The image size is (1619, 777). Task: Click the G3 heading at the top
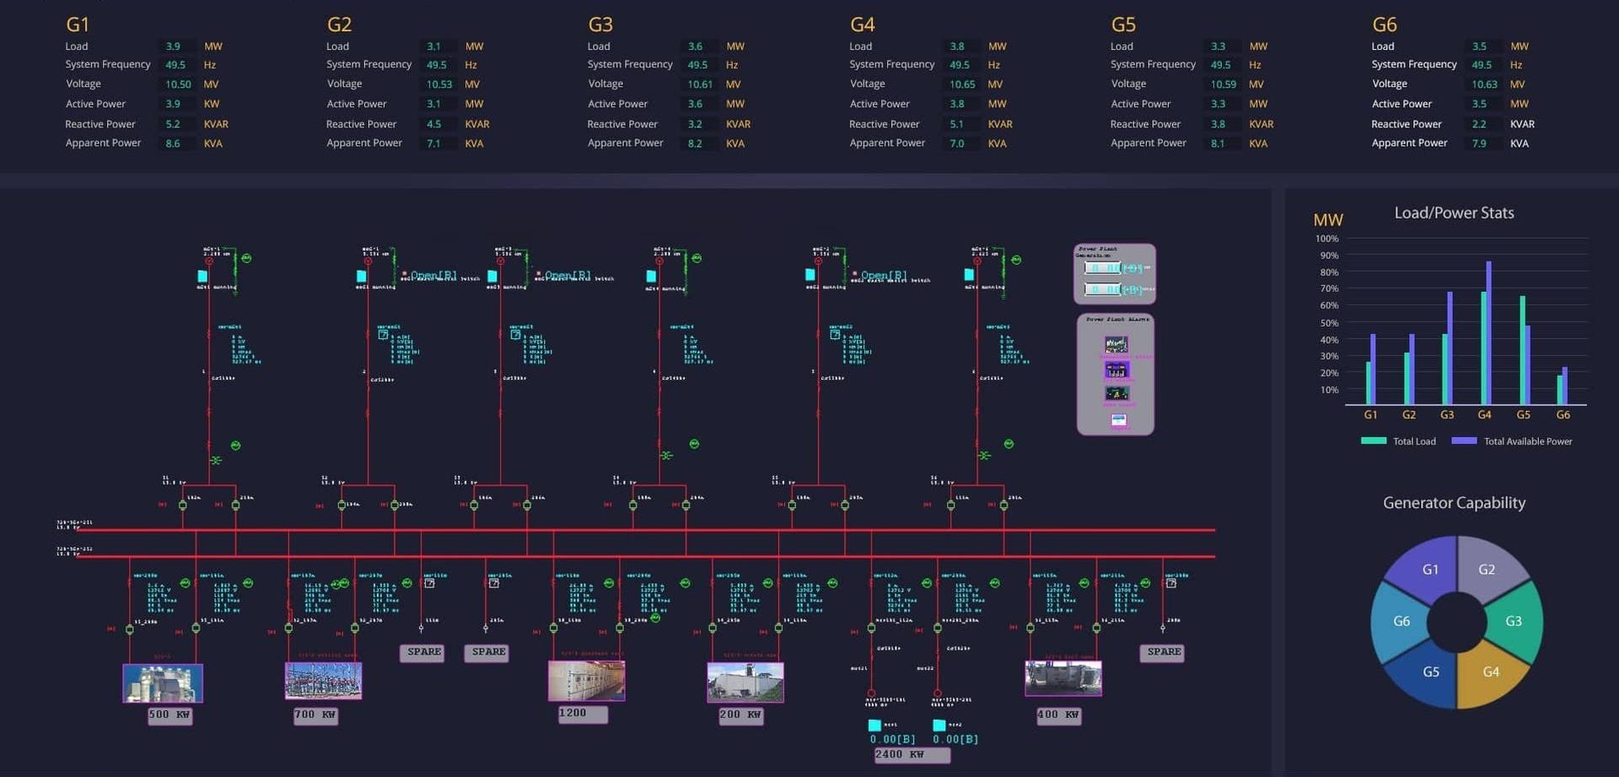click(x=600, y=24)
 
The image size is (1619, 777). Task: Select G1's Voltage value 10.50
click(x=178, y=84)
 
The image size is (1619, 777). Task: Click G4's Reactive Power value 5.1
click(x=956, y=124)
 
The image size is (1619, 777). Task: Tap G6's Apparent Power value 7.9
click(x=1479, y=143)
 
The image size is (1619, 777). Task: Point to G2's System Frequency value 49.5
click(x=436, y=65)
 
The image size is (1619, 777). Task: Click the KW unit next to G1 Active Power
click(x=212, y=104)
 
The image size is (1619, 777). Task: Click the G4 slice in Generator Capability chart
click(x=1491, y=672)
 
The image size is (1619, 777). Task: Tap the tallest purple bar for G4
click(x=1489, y=333)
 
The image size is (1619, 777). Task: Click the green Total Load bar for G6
click(x=1559, y=390)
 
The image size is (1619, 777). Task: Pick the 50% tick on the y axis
click(x=1329, y=323)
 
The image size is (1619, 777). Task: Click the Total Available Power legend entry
click(x=1527, y=441)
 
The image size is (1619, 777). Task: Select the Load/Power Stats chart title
click(x=1454, y=213)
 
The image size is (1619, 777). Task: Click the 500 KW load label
click(x=169, y=715)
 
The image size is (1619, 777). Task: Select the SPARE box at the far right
click(x=1164, y=652)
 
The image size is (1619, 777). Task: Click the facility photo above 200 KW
click(x=745, y=682)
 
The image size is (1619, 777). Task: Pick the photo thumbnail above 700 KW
click(x=323, y=680)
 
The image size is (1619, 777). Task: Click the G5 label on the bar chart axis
click(x=1523, y=415)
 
